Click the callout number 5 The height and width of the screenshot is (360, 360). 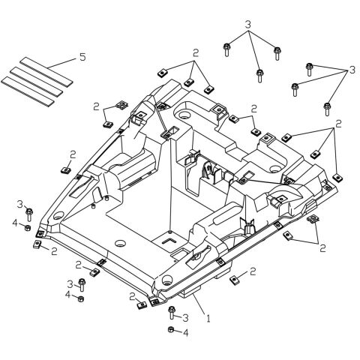tap(82, 58)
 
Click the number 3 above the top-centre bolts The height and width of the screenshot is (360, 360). tap(247, 25)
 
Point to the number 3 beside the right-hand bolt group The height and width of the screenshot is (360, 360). tap(349, 70)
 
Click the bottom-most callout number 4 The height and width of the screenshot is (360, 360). tap(185, 332)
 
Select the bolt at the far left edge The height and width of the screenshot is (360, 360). tap(28, 214)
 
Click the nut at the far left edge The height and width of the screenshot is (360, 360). tap(28, 227)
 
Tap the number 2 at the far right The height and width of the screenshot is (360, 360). tap(338, 122)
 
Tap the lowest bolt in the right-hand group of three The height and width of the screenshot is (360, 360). tap(327, 108)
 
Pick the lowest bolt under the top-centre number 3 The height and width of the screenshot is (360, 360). tap(259, 74)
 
